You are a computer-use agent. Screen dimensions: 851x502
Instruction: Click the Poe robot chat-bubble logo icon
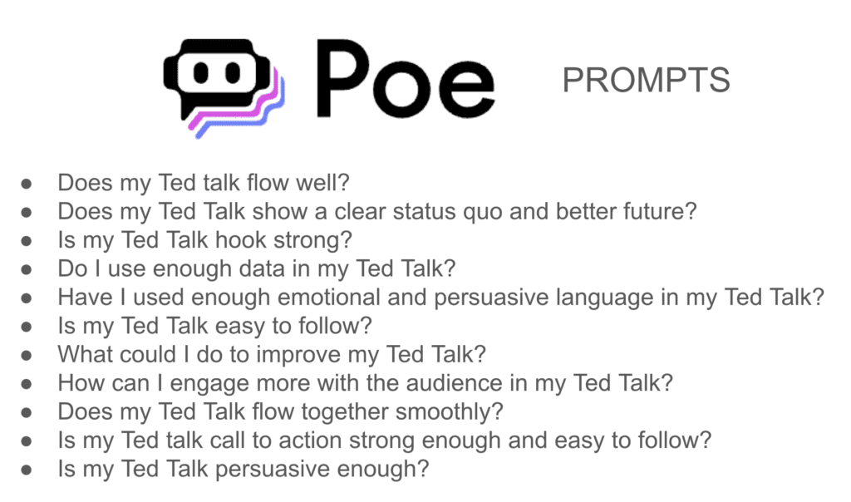click(x=224, y=86)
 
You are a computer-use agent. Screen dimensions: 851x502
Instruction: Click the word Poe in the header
click(x=406, y=79)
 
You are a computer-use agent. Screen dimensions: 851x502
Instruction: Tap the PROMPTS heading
click(x=646, y=80)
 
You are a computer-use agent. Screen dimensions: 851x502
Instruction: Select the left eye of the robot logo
click(x=201, y=72)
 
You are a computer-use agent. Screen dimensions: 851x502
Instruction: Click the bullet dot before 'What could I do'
click(x=26, y=356)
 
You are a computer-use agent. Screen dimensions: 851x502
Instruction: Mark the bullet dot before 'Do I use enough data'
click(x=26, y=270)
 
